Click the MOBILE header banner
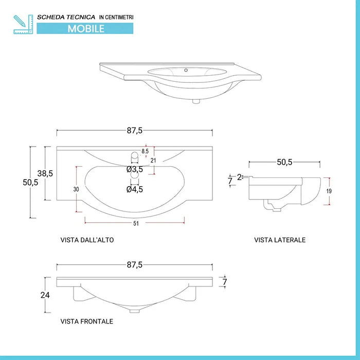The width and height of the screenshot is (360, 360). (86, 29)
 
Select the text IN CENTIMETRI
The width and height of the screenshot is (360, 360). (116, 17)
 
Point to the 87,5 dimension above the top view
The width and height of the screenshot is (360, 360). (134, 131)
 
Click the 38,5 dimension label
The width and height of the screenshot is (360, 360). (46, 173)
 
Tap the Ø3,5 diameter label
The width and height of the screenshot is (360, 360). (135, 169)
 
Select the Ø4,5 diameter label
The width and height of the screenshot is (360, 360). (135, 189)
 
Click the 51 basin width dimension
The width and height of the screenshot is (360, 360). (135, 223)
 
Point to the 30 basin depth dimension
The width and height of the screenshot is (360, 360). (76, 189)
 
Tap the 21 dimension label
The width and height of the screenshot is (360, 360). (153, 160)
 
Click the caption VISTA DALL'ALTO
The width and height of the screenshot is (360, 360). (87, 240)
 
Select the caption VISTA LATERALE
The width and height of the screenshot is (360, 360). (280, 240)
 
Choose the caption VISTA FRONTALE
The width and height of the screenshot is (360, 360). (86, 321)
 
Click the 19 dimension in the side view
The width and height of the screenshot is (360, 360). (329, 191)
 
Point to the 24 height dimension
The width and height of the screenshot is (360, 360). (46, 295)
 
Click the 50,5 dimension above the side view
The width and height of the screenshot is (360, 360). (284, 162)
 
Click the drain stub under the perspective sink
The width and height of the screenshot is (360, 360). (196, 101)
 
